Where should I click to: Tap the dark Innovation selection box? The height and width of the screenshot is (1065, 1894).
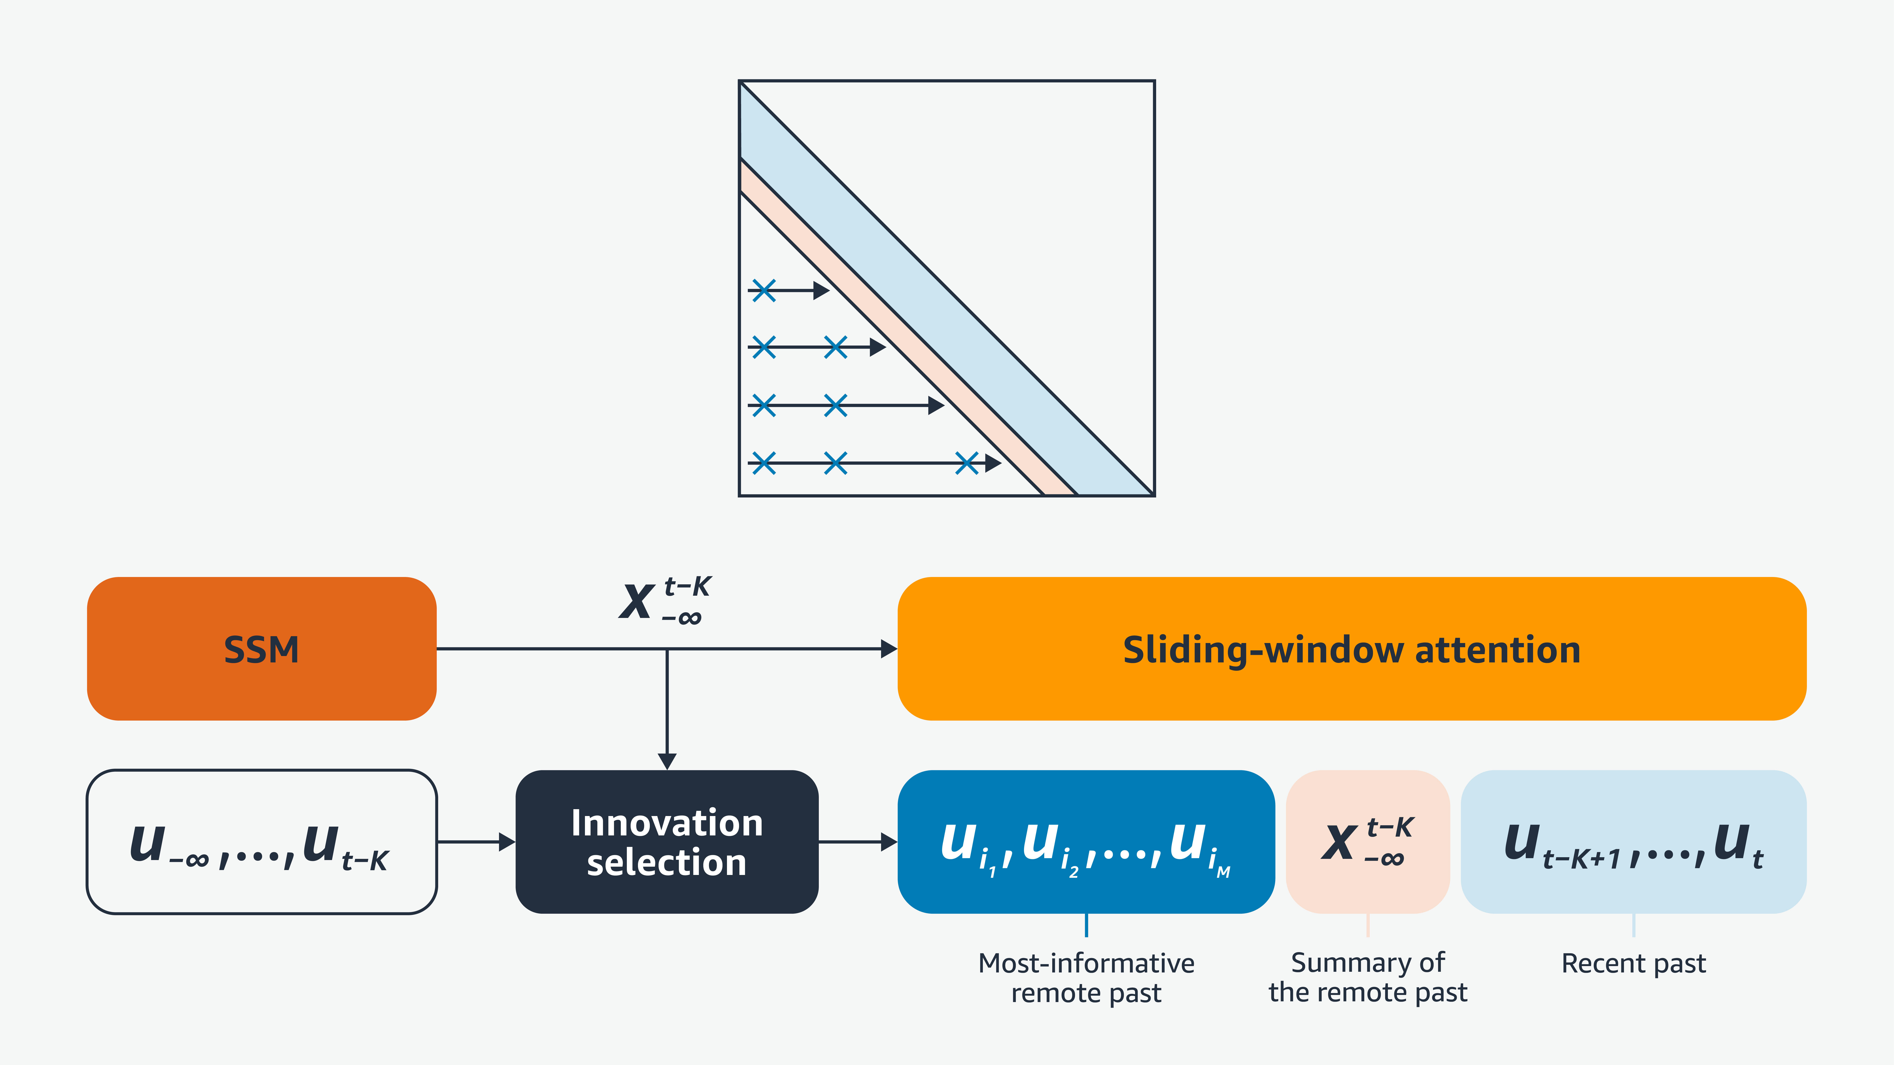[667, 842]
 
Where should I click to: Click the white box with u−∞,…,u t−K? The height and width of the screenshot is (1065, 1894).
[261, 842]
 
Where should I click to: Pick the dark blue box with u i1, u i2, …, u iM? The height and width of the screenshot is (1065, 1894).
[1086, 842]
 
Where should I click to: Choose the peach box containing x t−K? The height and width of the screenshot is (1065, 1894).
[1368, 842]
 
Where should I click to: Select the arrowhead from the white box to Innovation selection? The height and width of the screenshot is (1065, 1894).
[507, 842]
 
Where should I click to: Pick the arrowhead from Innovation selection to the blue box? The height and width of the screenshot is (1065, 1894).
[889, 842]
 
